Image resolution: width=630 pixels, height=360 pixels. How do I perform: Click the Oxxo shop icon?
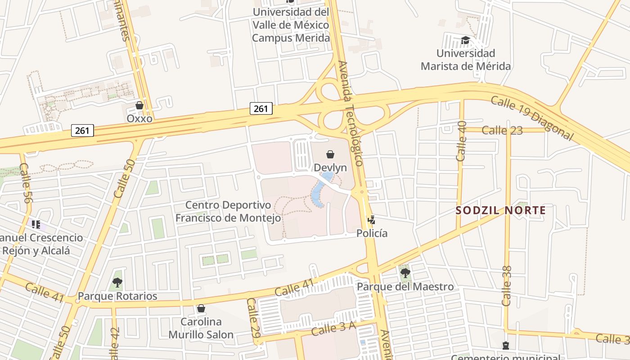[x=139, y=106]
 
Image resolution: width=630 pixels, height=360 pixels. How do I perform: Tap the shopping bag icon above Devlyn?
[x=330, y=154]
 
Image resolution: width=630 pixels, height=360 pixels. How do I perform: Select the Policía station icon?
[x=371, y=220]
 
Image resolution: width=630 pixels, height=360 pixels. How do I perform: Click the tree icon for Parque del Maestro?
[x=405, y=273]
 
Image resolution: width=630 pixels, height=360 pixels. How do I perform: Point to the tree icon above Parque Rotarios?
[x=117, y=283]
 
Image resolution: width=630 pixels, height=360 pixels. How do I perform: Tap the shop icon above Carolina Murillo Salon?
[x=201, y=308]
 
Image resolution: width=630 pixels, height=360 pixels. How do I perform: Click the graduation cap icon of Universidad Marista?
[x=465, y=40]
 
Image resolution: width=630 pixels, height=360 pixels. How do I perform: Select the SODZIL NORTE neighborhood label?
[x=501, y=210]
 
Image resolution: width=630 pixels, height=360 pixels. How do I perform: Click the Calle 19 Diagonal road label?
[x=532, y=118]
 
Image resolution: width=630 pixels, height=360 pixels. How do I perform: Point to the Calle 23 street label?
[x=502, y=130]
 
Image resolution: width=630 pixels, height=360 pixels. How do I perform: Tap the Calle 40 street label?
[x=462, y=141]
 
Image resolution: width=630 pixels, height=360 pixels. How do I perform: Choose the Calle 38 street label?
[x=507, y=286]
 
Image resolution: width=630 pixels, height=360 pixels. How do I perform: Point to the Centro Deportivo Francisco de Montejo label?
[x=228, y=211]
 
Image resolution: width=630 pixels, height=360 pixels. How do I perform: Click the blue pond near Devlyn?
[x=319, y=191]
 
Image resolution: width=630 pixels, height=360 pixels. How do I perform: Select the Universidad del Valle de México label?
[x=291, y=25]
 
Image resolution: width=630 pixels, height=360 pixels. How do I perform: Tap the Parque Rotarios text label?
[x=117, y=296]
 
